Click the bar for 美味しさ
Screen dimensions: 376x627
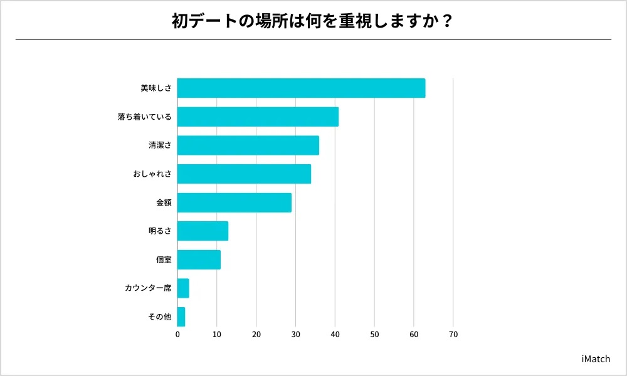click(301, 88)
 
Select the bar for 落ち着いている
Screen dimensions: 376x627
click(258, 117)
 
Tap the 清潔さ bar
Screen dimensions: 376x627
click(248, 145)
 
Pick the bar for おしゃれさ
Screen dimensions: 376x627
click(244, 174)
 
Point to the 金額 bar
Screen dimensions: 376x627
click(234, 202)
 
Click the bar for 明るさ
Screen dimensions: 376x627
click(203, 231)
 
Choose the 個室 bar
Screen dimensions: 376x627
click(199, 259)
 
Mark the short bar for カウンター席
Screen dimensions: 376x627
click(183, 288)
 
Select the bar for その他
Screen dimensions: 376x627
click(181, 317)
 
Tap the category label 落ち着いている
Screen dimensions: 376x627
click(144, 117)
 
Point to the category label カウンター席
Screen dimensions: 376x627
click(148, 288)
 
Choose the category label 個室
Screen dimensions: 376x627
click(164, 259)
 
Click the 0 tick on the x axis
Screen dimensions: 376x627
click(177, 335)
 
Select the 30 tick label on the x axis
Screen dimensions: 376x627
click(295, 335)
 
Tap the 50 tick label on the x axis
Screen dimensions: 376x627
click(374, 335)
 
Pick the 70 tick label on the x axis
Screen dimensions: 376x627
click(453, 335)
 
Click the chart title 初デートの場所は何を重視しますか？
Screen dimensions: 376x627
click(313, 21)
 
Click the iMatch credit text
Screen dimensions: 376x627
click(595, 359)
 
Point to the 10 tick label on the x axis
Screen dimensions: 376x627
click(217, 335)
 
